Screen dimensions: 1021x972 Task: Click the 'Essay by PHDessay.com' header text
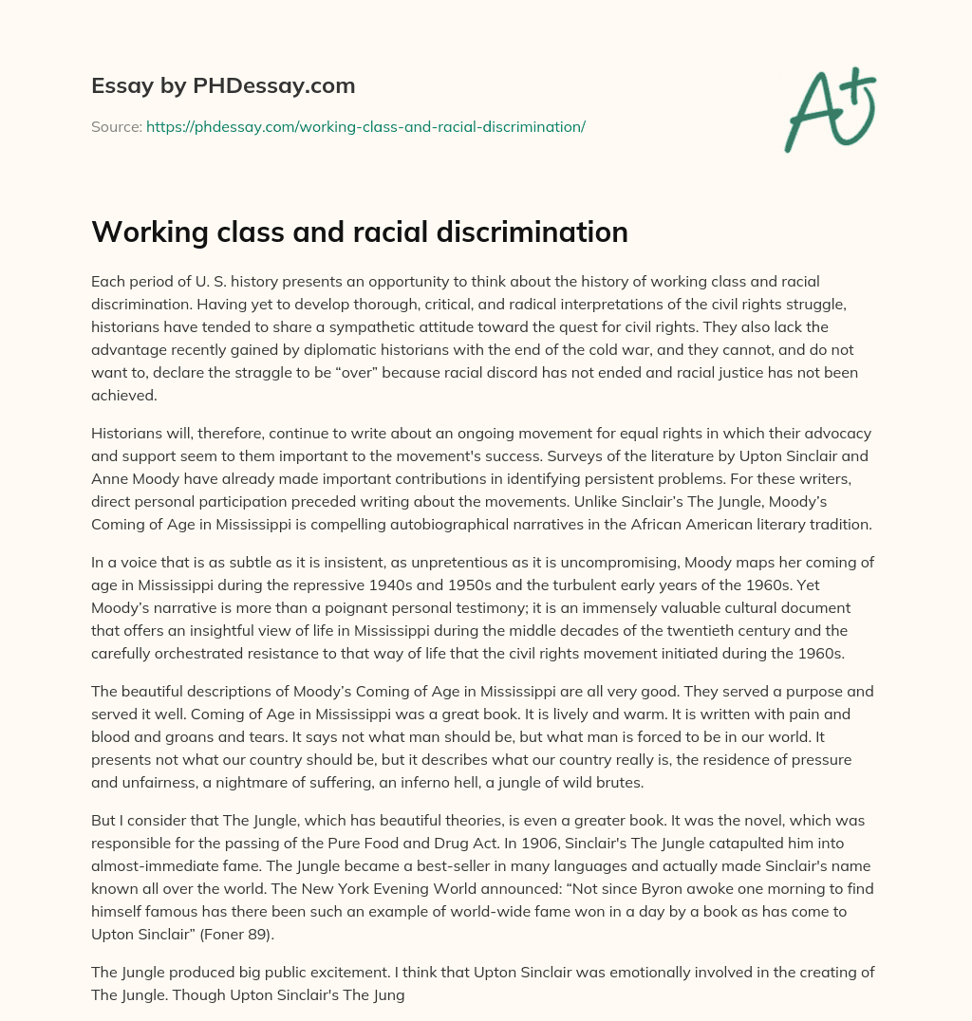click(223, 86)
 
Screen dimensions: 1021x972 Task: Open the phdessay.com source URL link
click(365, 126)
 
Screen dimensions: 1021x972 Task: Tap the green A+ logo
click(828, 107)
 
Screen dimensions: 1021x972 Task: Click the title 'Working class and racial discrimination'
click(360, 232)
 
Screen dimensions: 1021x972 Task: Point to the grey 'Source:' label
click(116, 126)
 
